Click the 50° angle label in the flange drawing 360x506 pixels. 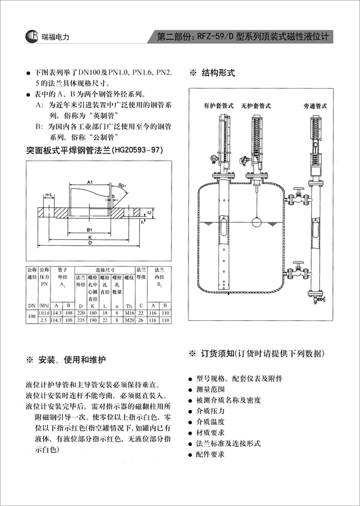point(123,186)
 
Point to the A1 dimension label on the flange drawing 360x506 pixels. point(89,181)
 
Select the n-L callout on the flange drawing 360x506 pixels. point(49,195)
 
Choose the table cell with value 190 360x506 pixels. point(93,321)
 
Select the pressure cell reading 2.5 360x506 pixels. point(43,321)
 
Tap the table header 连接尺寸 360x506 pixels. point(104,270)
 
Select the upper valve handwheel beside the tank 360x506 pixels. point(296,197)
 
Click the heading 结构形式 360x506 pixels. point(217,73)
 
